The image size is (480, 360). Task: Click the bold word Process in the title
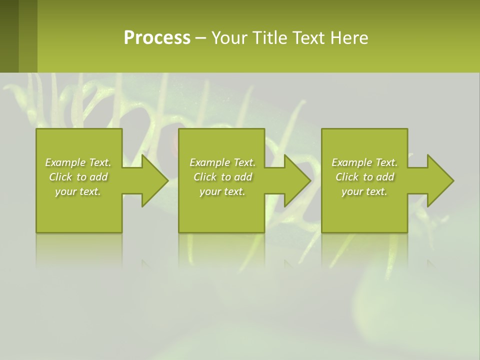(x=157, y=38)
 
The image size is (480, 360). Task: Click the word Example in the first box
(x=65, y=162)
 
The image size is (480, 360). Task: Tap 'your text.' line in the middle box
(x=222, y=191)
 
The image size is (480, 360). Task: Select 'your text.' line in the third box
(x=364, y=191)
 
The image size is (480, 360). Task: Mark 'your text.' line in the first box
(x=78, y=191)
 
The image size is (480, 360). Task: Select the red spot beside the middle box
(x=174, y=145)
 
